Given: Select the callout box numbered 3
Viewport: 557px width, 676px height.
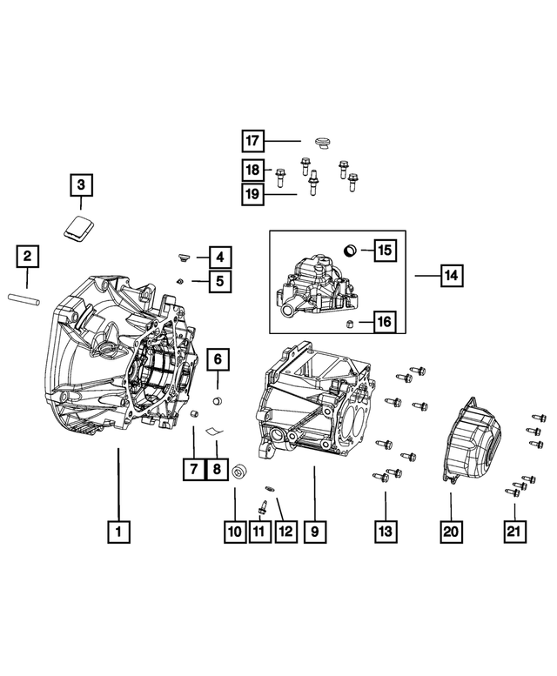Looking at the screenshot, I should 80,185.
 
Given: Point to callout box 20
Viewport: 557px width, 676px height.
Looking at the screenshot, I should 451,530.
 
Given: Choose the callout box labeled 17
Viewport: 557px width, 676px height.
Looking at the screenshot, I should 252,141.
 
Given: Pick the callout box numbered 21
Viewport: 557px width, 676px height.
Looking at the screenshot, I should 514,530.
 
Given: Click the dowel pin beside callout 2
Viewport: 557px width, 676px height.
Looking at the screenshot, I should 28,299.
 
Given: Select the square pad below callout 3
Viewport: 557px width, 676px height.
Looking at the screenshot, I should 79,228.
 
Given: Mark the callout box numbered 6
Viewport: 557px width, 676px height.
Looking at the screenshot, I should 218,358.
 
